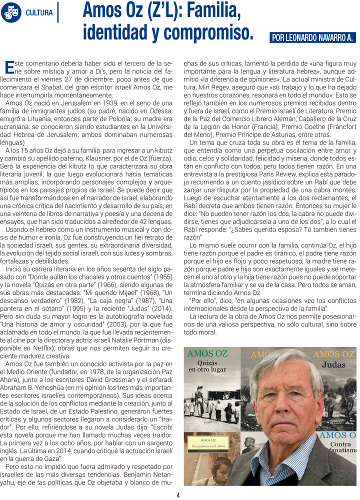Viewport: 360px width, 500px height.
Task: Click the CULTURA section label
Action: tap(39, 13)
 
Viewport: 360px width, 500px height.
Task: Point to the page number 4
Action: tap(178, 495)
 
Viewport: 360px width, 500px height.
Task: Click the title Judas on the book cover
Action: tap(333, 365)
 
